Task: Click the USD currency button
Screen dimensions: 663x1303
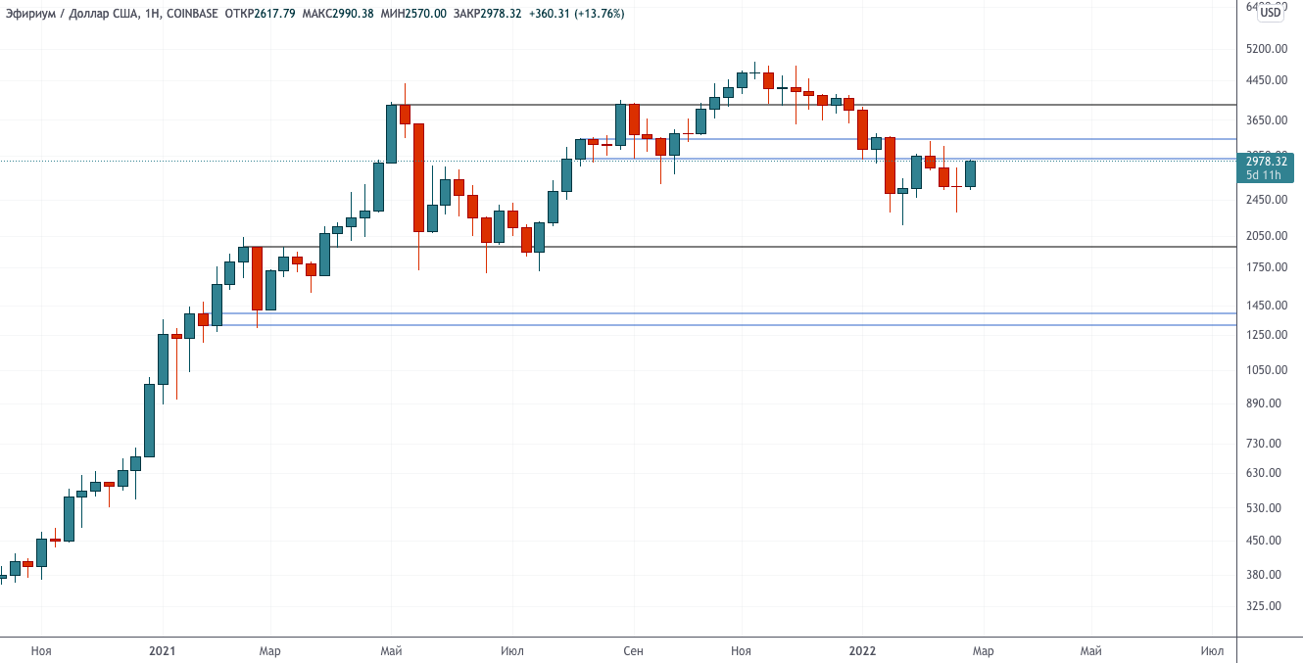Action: [x=1271, y=13]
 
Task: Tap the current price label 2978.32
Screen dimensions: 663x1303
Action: [x=1266, y=161]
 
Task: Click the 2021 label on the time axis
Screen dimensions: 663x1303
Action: [x=163, y=650]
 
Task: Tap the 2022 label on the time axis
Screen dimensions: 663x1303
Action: [x=863, y=650]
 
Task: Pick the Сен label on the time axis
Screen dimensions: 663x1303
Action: [x=634, y=650]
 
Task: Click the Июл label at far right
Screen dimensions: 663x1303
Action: [x=1212, y=650]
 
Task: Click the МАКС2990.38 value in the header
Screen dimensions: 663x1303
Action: [x=338, y=14]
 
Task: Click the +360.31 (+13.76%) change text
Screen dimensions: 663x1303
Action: [x=578, y=14]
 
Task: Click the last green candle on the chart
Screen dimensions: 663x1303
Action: [x=970, y=173]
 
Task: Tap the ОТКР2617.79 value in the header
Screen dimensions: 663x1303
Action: [x=261, y=14]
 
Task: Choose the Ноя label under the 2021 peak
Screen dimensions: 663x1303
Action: [x=741, y=650]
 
